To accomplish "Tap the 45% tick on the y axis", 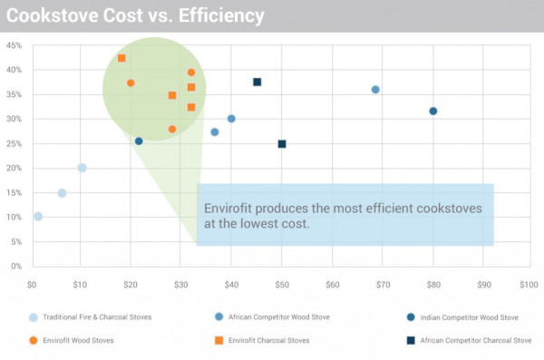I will click(15, 45).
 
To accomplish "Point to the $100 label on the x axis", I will click(527, 285).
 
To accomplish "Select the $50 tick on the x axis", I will click(281, 285).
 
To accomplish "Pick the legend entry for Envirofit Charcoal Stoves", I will click(264, 340).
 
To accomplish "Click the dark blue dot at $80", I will click(433, 112).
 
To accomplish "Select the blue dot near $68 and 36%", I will click(375, 90).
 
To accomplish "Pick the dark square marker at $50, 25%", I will click(282, 144).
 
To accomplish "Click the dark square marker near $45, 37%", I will click(257, 83).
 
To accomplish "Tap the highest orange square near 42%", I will click(121, 58).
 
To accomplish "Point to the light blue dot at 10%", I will click(38, 217).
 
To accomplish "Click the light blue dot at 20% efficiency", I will click(82, 168).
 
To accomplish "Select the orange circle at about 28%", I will click(172, 130).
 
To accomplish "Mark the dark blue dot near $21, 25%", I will click(139, 141).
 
